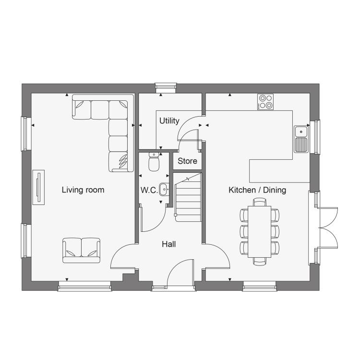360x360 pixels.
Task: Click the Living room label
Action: (x=83, y=190)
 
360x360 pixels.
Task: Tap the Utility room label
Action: (x=169, y=121)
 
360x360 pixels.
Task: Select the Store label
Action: (x=187, y=161)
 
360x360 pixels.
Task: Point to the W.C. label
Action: (x=149, y=190)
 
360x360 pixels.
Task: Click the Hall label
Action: (x=169, y=244)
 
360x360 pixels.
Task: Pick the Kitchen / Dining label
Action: (x=257, y=190)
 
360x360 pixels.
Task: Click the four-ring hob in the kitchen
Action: (x=265, y=102)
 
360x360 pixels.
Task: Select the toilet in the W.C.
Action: (x=154, y=162)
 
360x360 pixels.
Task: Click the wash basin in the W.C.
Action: (x=164, y=190)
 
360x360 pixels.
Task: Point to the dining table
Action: (x=259, y=232)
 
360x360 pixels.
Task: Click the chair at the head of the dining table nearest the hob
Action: (x=260, y=202)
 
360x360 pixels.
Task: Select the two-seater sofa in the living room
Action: (x=81, y=250)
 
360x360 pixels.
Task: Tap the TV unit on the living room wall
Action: (x=38, y=187)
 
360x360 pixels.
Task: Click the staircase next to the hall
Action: (x=188, y=197)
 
